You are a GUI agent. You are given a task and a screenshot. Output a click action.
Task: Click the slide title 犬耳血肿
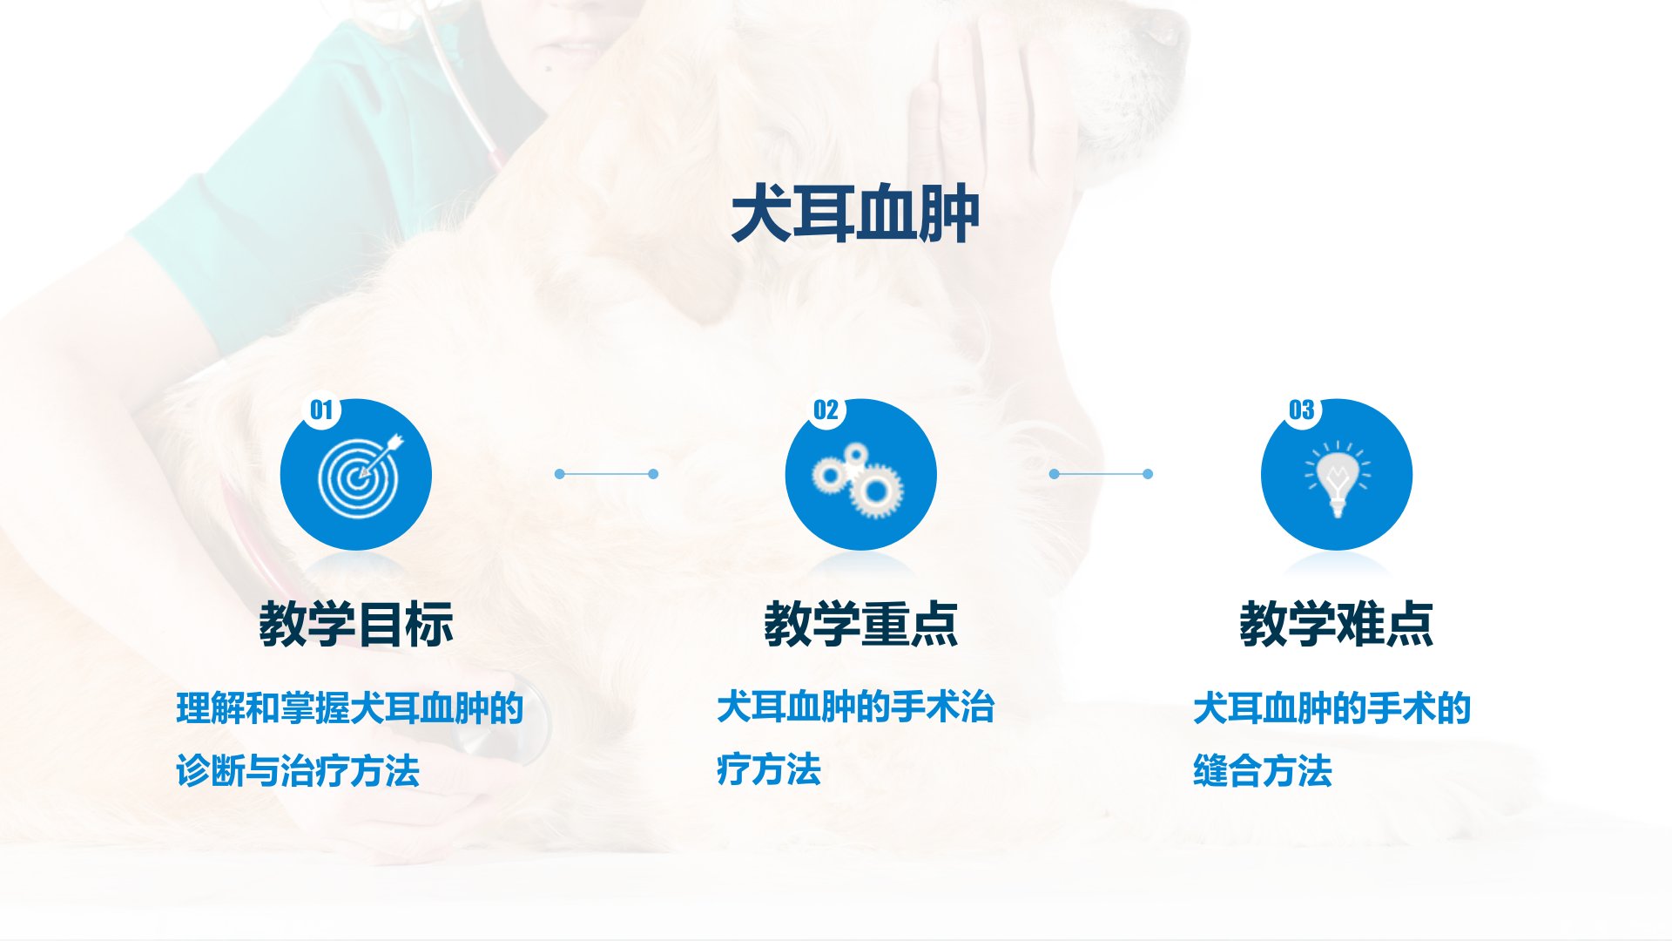coord(855,216)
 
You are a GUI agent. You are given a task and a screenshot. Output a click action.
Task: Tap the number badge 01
coord(321,410)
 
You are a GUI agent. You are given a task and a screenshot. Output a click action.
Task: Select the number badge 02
coord(826,410)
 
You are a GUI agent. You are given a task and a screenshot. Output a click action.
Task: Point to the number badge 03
coord(1302,410)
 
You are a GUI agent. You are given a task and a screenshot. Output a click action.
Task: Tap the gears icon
coord(858,480)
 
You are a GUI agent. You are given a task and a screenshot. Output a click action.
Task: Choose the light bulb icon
coord(1337,478)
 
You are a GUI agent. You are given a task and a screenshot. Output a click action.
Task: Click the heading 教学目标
coord(356,624)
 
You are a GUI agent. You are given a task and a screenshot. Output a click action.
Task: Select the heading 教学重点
coord(861,624)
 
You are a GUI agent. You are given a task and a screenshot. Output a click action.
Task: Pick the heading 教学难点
coord(1337,624)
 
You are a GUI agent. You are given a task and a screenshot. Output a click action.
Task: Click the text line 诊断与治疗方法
coord(298,771)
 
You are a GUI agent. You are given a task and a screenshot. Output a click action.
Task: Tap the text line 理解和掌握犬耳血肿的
coord(350,708)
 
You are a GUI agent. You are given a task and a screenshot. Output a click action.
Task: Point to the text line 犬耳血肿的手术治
coord(856,707)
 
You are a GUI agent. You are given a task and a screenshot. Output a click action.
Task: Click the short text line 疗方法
coord(769,770)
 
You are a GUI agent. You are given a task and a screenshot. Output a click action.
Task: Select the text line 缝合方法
coord(1263,771)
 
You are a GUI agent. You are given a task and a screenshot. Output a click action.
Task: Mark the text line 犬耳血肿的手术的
coord(1332,708)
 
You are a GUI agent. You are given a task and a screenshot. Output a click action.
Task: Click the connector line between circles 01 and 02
coord(606,474)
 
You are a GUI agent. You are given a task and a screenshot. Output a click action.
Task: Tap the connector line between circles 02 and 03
coord(1101,474)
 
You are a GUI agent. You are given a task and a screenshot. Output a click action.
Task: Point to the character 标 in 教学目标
coord(430,624)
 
